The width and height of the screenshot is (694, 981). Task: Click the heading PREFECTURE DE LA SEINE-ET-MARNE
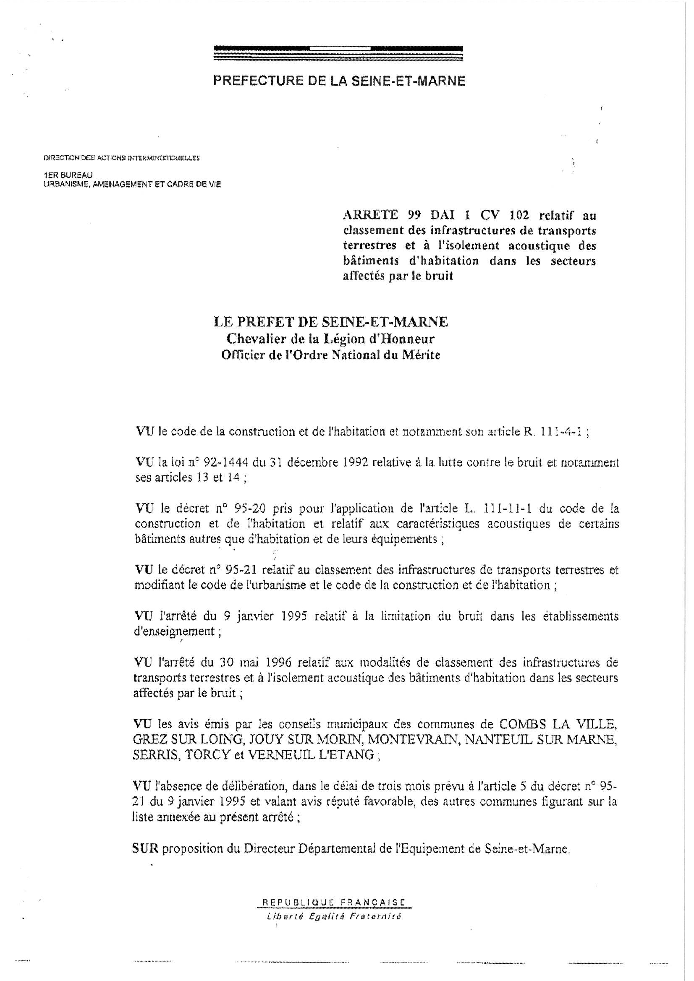339,81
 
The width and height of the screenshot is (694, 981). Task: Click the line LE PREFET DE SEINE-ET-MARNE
330,322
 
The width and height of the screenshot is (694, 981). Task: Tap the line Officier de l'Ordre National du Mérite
330,355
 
